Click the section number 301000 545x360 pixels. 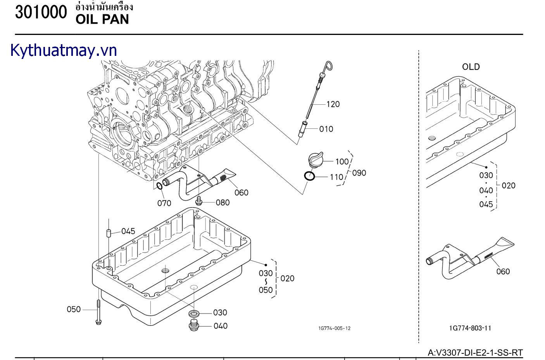(41, 12)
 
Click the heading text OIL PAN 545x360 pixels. (102, 19)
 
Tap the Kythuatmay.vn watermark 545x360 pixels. (64, 50)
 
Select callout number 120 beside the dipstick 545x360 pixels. (333, 104)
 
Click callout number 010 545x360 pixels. (326, 129)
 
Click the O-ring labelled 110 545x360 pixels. (309, 176)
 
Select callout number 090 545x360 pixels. (359, 173)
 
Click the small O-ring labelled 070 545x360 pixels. (159, 187)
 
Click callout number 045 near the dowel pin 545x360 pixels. (128, 231)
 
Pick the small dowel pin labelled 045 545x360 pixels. (109, 233)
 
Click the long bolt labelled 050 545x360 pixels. (98, 310)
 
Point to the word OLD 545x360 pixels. (471, 67)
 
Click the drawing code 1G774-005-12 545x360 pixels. (334, 328)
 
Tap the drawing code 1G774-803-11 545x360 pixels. (470, 328)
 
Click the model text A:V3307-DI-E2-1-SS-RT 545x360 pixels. (475, 353)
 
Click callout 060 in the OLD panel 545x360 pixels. (503, 272)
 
